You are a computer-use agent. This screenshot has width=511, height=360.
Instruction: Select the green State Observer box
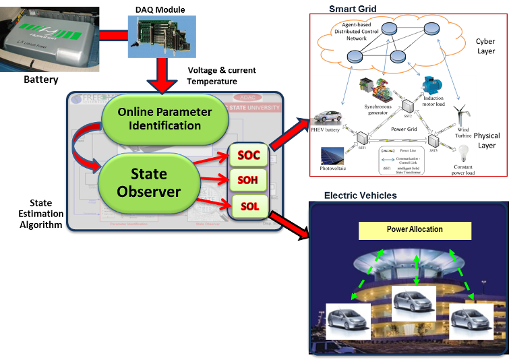coord(149,183)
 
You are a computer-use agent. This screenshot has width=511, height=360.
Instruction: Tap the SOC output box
coord(248,156)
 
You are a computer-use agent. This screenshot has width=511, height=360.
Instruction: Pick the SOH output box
coord(248,180)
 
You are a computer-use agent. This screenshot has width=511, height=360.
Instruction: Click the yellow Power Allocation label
coord(415,231)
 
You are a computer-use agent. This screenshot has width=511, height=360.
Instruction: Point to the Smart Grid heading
coord(353,9)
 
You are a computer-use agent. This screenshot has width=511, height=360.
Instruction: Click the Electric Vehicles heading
coord(361,196)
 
